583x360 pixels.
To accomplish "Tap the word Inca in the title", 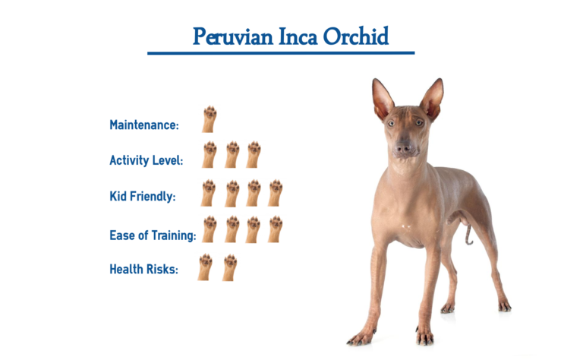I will [300, 36].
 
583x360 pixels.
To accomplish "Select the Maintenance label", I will [144, 125].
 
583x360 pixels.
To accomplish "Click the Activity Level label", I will [147, 160].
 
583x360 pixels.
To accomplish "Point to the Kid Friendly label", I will [143, 197].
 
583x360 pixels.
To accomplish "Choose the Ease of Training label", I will [153, 235].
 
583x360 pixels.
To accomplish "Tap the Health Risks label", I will [144, 269].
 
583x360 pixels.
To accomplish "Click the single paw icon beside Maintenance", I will [209, 119].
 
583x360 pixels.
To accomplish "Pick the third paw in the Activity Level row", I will [253, 154].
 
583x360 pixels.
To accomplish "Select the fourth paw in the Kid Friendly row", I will [275, 193].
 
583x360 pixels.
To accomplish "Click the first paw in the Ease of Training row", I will [209, 229].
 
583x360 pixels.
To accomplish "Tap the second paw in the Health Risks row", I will [230, 267].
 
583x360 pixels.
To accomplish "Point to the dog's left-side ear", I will [382, 99].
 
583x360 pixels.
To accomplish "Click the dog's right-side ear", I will [432, 99].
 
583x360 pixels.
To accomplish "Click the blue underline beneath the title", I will [281, 53].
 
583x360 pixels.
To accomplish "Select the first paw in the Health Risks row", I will [205, 267].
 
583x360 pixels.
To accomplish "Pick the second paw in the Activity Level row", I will [232, 154].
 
